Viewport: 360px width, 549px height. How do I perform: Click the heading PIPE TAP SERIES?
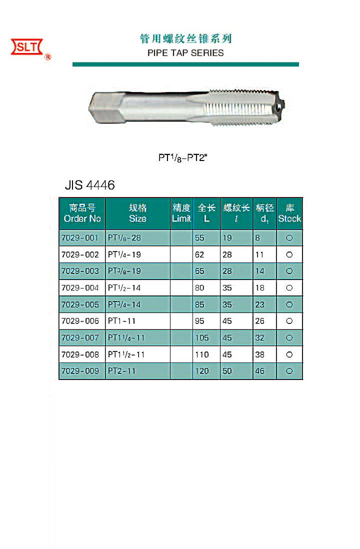click(185, 53)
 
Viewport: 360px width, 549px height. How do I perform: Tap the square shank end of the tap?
click(105, 107)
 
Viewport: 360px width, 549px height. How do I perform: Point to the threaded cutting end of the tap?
click(245, 107)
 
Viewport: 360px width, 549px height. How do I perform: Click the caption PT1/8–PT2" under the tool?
click(183, 158)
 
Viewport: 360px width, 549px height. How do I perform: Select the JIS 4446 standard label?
click(90, 185)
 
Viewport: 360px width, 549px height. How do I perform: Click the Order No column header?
click(82, 213)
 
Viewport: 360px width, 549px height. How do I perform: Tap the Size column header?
click(137, 213)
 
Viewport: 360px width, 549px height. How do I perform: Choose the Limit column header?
click(181, 213)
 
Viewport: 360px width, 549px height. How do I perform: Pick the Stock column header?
click(289, 213)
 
